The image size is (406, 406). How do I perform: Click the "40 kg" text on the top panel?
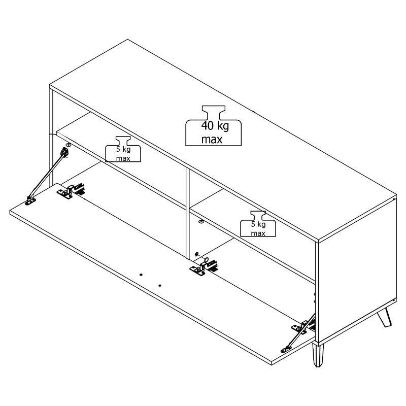215,126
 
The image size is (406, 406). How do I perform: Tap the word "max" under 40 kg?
212,140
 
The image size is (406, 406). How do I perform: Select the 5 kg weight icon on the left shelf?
123,149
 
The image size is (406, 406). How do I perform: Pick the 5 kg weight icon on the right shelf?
258,224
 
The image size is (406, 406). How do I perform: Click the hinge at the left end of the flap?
71,191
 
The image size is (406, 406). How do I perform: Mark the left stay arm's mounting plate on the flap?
30,201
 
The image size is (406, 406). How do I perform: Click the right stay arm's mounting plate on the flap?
286,350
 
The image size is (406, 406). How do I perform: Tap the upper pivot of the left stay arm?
64,152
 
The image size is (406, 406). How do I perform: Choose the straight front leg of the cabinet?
318,355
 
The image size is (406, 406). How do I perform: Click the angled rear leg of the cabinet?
385,317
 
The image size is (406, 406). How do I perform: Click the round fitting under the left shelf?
69,145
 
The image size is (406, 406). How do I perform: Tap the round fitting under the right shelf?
201,221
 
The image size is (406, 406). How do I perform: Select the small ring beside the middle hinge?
207,260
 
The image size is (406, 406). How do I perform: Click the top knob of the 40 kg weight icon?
214,109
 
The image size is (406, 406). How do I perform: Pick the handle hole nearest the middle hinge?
160,286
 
